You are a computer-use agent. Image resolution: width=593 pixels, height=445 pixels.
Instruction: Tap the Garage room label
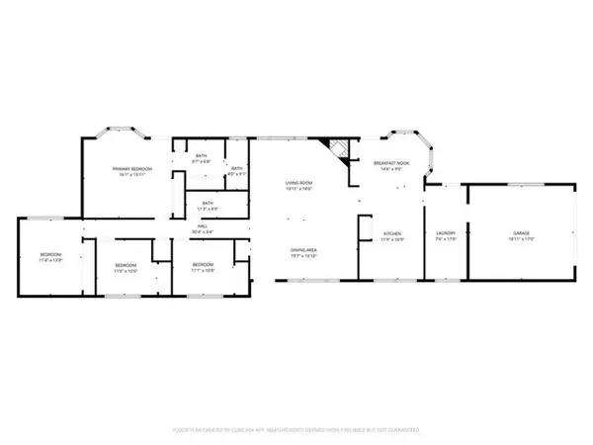pyautogui.click(x=522, y=233)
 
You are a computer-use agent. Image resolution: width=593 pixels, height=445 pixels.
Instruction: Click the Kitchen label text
pyautogui.click(x=392, y=233)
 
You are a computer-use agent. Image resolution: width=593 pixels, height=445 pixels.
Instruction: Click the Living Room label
pyautogui.click(x=299, y=183)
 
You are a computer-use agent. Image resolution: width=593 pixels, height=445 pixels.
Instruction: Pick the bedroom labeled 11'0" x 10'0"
pyautogui.click(x=125, y=267)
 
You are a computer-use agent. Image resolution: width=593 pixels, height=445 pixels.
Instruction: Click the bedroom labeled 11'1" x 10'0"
pyautogui.click(x=202, y=266)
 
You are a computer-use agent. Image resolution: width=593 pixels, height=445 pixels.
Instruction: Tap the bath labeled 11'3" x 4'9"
pyautogui.click(x=207, y=207)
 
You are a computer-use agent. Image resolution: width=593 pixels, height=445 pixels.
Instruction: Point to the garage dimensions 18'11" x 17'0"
pyautogui.click(x=522, y=239)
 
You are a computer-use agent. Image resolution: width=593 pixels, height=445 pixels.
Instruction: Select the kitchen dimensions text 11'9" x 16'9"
pyautogui.click(x=392, y=239)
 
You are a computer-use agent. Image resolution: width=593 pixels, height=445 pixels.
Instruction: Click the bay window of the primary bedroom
pyautogui.click(x=122, y=129)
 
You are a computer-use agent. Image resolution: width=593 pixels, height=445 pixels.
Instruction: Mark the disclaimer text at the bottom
pyautogui.click(x=296, y=431)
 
